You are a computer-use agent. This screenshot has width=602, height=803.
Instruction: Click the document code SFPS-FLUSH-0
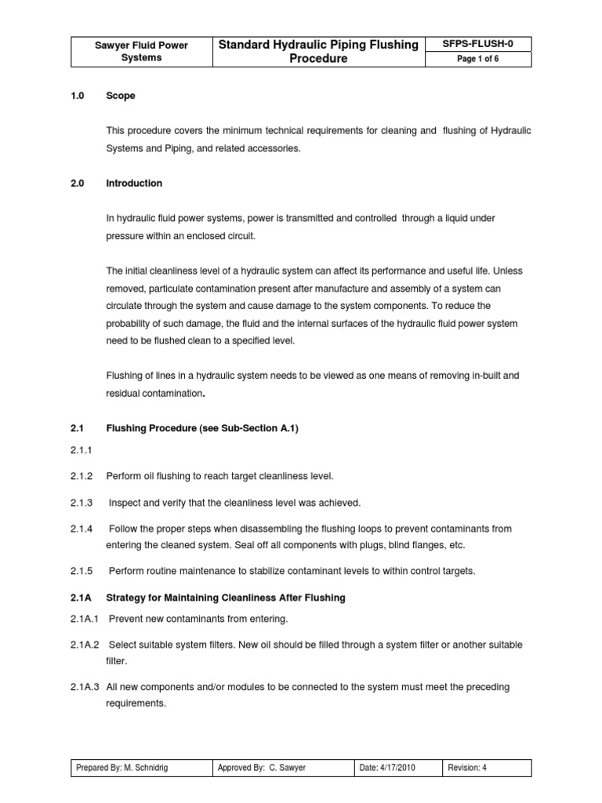[477, 44]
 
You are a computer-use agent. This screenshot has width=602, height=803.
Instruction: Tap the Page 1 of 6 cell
[477, 60]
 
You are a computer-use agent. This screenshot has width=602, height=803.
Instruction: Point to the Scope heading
[120, 96]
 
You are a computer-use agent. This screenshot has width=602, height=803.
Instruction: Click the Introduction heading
[134, 183]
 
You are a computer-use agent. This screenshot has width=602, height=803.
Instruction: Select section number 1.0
[77, 96]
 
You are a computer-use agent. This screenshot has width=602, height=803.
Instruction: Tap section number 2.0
[77, 183]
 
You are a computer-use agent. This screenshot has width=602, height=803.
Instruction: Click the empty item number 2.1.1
[82, 452]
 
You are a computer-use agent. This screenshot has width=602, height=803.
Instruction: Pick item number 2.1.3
[82, 502]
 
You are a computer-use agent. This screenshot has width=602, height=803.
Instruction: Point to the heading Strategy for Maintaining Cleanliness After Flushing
[226, 598]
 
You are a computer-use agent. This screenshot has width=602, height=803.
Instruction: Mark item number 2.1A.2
[85, 645]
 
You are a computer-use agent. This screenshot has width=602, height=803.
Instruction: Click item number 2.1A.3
[85, 687]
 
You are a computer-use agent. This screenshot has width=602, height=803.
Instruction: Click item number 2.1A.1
[85, 620]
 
